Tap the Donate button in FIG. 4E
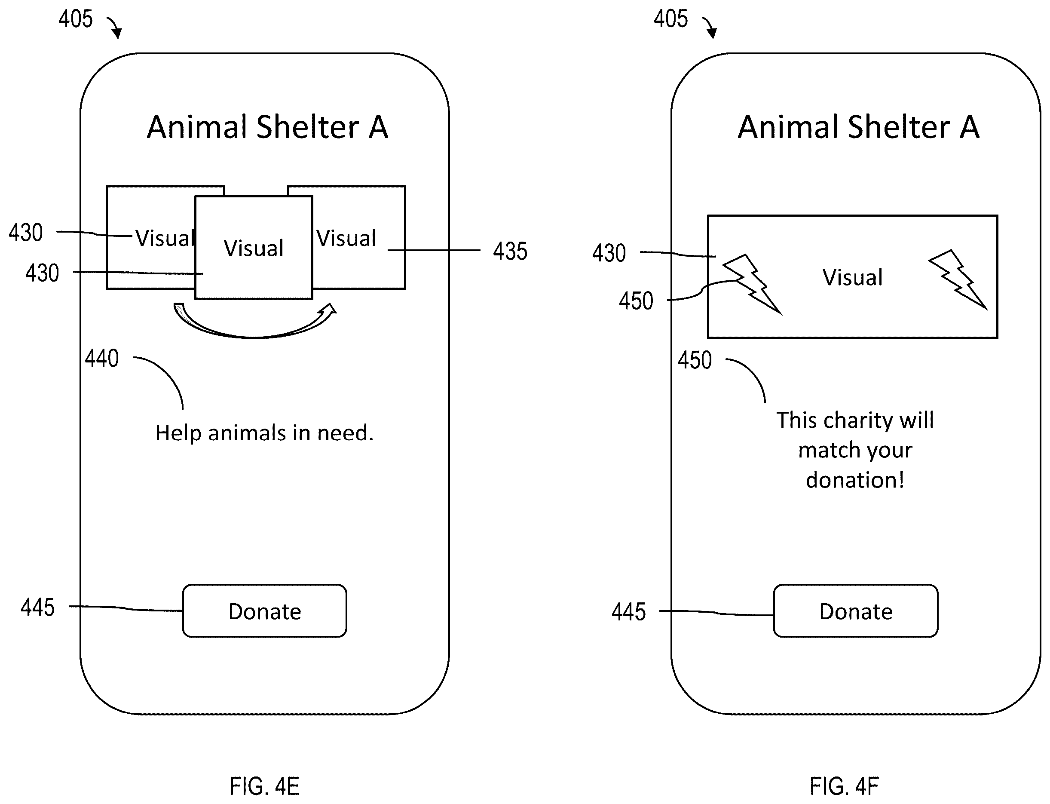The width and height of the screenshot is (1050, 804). (264, 611)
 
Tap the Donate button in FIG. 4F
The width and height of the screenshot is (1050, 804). (856, 611)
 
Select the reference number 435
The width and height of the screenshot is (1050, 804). (510, 251)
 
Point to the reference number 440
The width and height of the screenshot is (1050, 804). (102, 359)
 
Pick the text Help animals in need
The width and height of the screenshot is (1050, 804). (264, 433)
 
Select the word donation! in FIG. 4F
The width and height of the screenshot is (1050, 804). (855, 479)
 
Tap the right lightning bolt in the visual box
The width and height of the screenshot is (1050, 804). (958, 280)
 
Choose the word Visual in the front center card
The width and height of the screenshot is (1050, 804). (254, 249)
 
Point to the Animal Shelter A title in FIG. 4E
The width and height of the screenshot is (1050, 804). (267, 127)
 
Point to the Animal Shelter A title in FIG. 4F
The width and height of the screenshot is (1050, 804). (859, 127)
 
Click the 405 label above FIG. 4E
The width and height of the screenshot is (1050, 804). (76, 19)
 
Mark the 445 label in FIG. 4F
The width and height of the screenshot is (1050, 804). (628, 612)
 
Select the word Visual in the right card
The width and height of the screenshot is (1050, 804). (346, 238)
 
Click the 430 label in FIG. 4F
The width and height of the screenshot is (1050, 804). (609, 253)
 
